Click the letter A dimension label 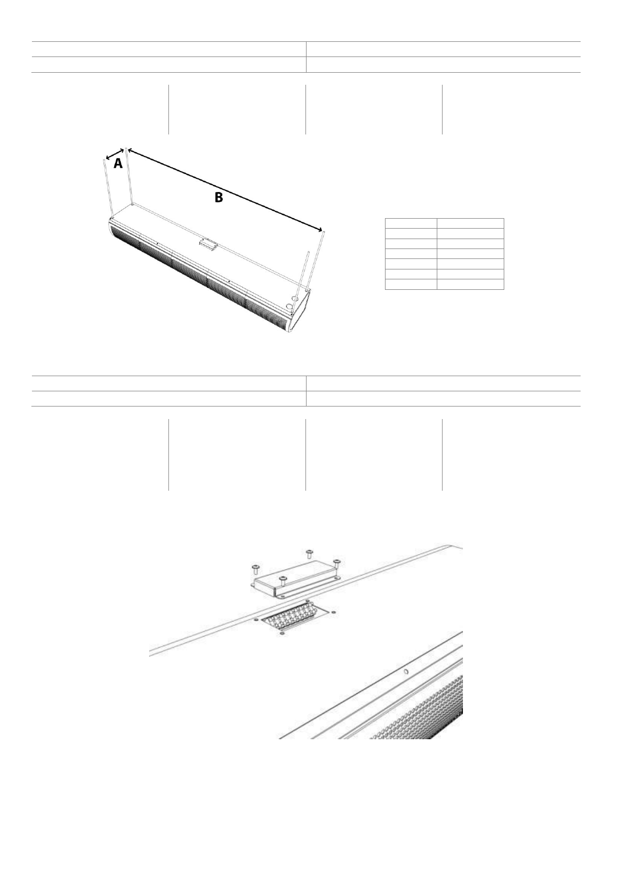(118, 164)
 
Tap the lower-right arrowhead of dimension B (319, 229)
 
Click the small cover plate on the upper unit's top (208, 243)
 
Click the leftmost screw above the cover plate (256, 568)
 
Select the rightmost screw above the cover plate (337, 562)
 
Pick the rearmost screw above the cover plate (309, 553)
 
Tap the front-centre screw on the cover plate (283, 580)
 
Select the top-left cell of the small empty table (411, 223)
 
